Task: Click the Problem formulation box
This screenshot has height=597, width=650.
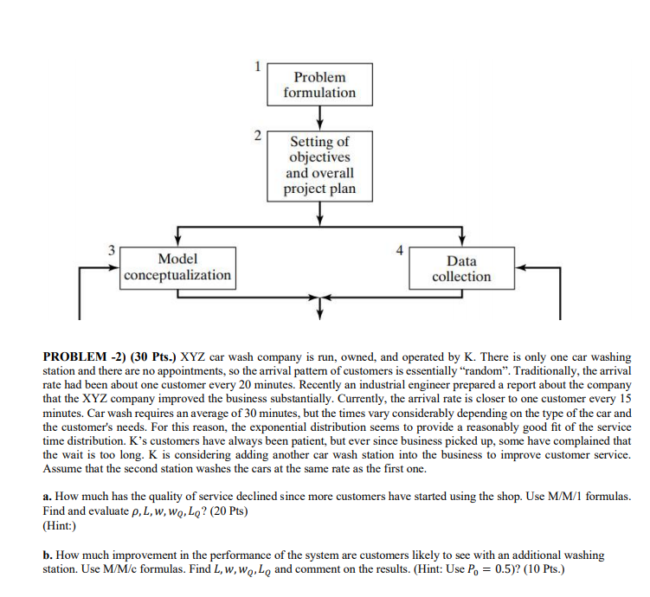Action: [x=319, y=85]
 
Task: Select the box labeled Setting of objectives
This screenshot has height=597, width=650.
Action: [x=319, y=165]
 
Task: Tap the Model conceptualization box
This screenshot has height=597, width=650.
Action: [x=177, y=267]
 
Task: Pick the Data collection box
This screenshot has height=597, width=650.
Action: [x=461, y=268]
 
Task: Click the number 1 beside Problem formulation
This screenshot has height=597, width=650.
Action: [x=256, y=66]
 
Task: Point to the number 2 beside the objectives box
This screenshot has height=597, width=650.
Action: [x=256, y=134]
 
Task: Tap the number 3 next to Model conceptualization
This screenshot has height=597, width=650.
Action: [x=111, y=249]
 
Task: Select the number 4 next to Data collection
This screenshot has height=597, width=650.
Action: [x=399, y=250]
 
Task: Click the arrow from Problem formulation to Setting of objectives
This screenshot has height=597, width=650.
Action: [x=320, y=117]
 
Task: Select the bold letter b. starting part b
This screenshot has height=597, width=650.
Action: [x=48, y=555]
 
